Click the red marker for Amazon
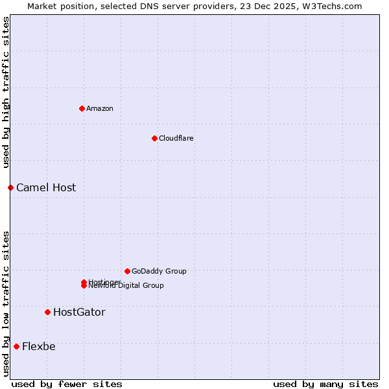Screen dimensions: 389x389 point(82,108)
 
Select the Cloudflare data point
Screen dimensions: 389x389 point(154,138)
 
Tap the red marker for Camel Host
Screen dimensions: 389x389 point(10,187)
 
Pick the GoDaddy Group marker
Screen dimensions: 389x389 point(127,271)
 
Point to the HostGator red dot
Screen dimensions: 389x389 point(47,312)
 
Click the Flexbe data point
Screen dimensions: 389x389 point(16,346)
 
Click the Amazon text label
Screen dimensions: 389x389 point(99,108)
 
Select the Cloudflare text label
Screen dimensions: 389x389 point(176,138)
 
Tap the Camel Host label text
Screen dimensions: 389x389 point(46,187)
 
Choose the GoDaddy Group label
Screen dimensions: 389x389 point(159,271)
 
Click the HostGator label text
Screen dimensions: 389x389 point(79,312)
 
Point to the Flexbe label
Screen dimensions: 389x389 point(39,346)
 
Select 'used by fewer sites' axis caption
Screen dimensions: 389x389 point(67,384)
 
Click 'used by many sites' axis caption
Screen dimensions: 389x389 point(325,384)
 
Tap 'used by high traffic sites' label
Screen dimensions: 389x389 point(6,92)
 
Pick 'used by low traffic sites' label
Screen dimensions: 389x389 point(6,303)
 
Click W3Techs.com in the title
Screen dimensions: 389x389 point(334,6)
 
